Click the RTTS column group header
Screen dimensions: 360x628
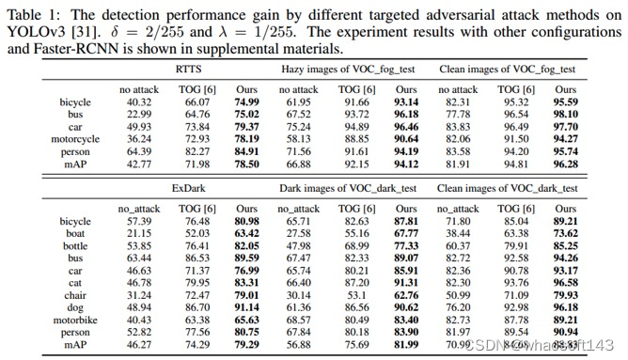coord(187,69)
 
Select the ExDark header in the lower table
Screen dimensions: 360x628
coord(187,187)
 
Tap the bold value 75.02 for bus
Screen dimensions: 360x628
coord(246,114)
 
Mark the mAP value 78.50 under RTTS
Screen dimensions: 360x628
coord(246,164)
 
